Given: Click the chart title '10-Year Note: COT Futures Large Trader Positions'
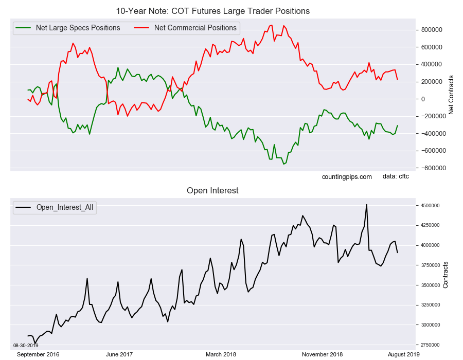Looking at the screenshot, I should (x=212, y=11).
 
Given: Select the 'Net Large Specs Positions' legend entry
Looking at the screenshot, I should (x=78, y=28).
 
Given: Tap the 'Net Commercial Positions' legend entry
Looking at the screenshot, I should (x=195, y=28).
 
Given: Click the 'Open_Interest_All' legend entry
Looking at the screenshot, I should (x=65, y=208).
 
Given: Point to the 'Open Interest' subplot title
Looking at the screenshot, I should (x=212, y=191).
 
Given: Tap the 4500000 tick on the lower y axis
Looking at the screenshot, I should (x=431, y=206).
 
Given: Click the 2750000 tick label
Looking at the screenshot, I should (x=431, y=345).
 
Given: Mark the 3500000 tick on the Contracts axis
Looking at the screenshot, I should (x=431, y=285).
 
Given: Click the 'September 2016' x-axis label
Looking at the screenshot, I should (x=38, y=354).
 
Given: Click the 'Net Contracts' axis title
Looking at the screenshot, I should (x=451, y=95).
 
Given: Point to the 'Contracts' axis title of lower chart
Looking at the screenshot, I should (x=446, y=275).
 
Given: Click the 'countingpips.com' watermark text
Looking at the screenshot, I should (x=347, y=177).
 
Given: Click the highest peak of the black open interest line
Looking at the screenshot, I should (x=366, y=205).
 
